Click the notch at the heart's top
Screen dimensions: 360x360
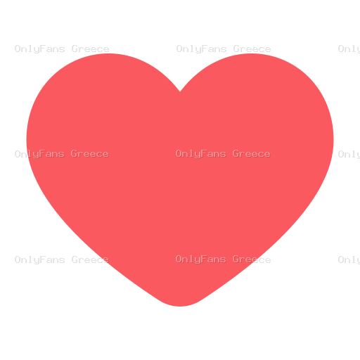point(180,91)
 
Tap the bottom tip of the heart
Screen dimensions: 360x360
point(180,306)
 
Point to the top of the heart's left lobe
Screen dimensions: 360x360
point(108,53)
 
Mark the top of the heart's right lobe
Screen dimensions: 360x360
point(251,53)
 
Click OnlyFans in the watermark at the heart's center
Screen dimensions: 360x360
point(200,154)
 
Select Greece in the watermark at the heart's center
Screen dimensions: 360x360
point(252,154)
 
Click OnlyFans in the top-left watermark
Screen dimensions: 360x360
point(39,49)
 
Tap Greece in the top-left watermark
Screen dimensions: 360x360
point(90,49)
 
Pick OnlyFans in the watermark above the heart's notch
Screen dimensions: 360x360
point(201,49)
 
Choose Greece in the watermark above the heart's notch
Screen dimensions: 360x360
point(252,49)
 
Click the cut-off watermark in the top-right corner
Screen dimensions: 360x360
point(349,49)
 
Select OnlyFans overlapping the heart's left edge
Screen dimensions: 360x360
point(39,154)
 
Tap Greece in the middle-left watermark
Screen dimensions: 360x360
point(90,154)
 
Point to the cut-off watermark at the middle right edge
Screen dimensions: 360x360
point(349,155)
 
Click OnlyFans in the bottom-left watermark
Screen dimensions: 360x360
point(39,260)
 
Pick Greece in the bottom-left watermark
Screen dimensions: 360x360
point(90,259)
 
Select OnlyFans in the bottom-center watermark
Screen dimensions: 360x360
point(200,259)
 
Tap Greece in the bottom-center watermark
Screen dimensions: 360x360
point(252,259)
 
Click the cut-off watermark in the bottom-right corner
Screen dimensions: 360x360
point(349,259)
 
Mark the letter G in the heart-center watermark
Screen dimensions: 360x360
point(236,154)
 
